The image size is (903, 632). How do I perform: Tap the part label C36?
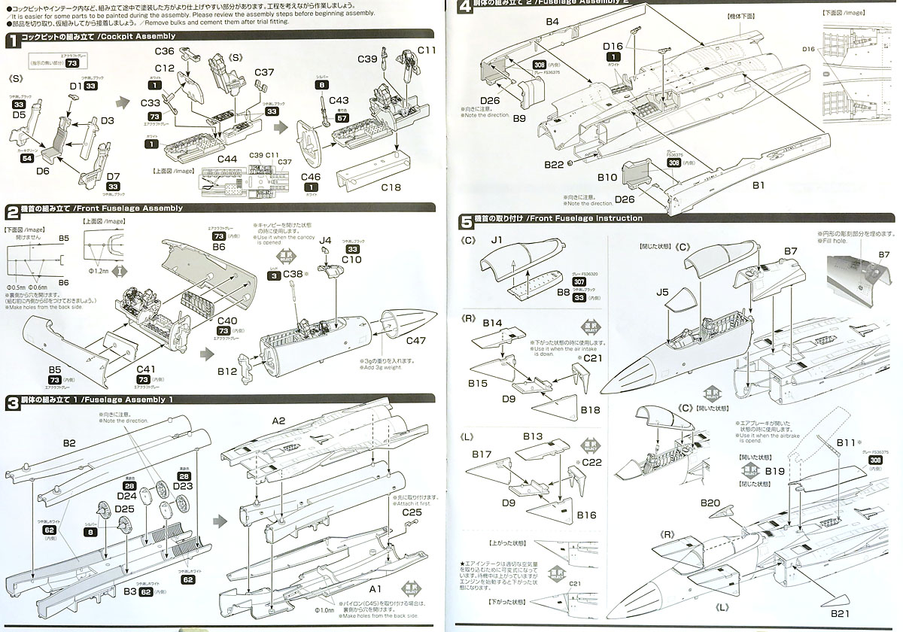click(165, 51)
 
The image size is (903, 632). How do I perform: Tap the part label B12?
click(227, 371)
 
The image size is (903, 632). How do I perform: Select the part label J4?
click(325, 240)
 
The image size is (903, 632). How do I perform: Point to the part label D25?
click(125, 510)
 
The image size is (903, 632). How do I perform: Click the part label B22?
click(553, 164)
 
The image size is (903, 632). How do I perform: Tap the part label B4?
click(552, 23)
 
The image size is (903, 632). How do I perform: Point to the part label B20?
click(710, 503)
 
